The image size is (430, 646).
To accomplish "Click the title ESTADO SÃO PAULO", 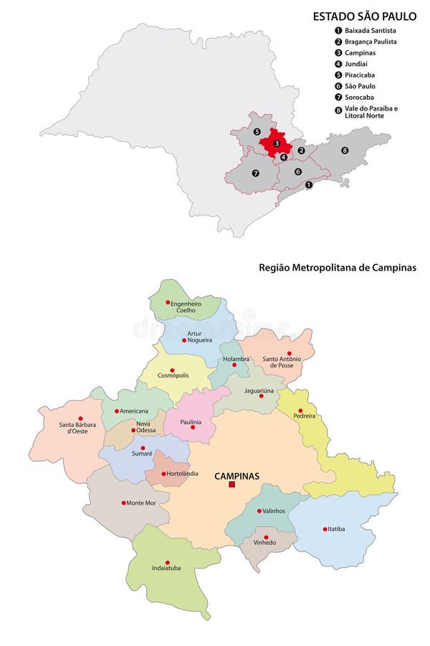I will (364, 16).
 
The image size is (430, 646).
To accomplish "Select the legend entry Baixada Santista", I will (370, 31).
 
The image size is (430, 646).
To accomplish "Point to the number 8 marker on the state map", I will (345, 150).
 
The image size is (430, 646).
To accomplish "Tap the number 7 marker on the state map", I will (255, 173).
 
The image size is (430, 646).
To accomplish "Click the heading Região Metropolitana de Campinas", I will (338, 267).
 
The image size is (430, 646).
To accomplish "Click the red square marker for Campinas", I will (231, 485).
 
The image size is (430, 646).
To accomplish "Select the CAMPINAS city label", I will (237, 475).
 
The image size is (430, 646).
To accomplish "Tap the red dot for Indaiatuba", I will (168, 562).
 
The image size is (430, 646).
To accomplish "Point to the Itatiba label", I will (336, 529).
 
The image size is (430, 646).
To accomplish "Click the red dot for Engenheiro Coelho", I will (168, 302).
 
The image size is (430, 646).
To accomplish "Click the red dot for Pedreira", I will (300, 411).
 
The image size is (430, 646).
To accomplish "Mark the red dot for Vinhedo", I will (266, 537).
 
